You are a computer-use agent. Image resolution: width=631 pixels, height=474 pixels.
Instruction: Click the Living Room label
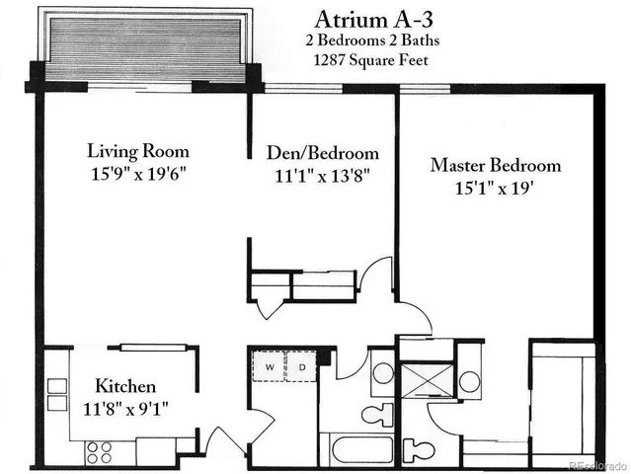coord(138,152)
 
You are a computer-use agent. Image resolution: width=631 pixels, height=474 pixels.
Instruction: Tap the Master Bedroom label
coord(495,165)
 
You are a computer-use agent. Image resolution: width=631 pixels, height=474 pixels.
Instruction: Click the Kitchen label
coord(124,386)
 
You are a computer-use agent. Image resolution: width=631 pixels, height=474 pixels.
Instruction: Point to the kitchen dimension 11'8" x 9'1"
coord(125,407)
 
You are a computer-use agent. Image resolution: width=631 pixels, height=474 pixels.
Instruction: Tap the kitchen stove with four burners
coord(99,451)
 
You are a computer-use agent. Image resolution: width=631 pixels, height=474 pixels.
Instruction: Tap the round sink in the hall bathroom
coord(382,376)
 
